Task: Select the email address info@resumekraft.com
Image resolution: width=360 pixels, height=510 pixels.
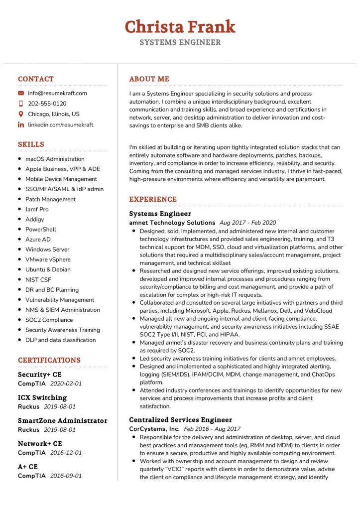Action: coord(57,93)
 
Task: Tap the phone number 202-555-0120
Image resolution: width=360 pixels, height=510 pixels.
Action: coord(47,104)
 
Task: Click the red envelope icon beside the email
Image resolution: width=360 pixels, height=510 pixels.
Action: coord(21,93)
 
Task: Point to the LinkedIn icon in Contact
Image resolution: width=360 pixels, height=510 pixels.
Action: coord(21,125)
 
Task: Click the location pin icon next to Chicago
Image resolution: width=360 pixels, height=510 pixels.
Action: coord(21,114)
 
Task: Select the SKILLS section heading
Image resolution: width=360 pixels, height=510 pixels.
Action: coord(31,144)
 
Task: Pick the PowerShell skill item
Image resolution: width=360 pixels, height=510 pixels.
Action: coord(41,230)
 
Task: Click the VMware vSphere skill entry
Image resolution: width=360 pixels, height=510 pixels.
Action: coord(48,259)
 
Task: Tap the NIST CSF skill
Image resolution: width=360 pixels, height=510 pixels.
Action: coord(38,280)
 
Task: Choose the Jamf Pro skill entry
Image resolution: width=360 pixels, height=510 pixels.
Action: coord(37,209)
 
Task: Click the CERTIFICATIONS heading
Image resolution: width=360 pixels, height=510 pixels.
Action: coord(49,360)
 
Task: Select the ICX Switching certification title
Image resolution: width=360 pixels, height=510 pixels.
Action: coord(42,397)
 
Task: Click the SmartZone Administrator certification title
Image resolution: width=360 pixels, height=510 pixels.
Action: coord(62,421)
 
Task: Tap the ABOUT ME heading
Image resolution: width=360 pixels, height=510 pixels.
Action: coord(149,79)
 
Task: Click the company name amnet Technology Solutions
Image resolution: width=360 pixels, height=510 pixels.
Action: coord(172,223)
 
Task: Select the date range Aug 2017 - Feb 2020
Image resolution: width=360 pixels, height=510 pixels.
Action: coord(247,223)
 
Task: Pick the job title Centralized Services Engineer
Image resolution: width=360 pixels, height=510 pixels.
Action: coord(180,420)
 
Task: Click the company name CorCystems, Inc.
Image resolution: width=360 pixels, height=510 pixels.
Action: coord(154,429)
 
